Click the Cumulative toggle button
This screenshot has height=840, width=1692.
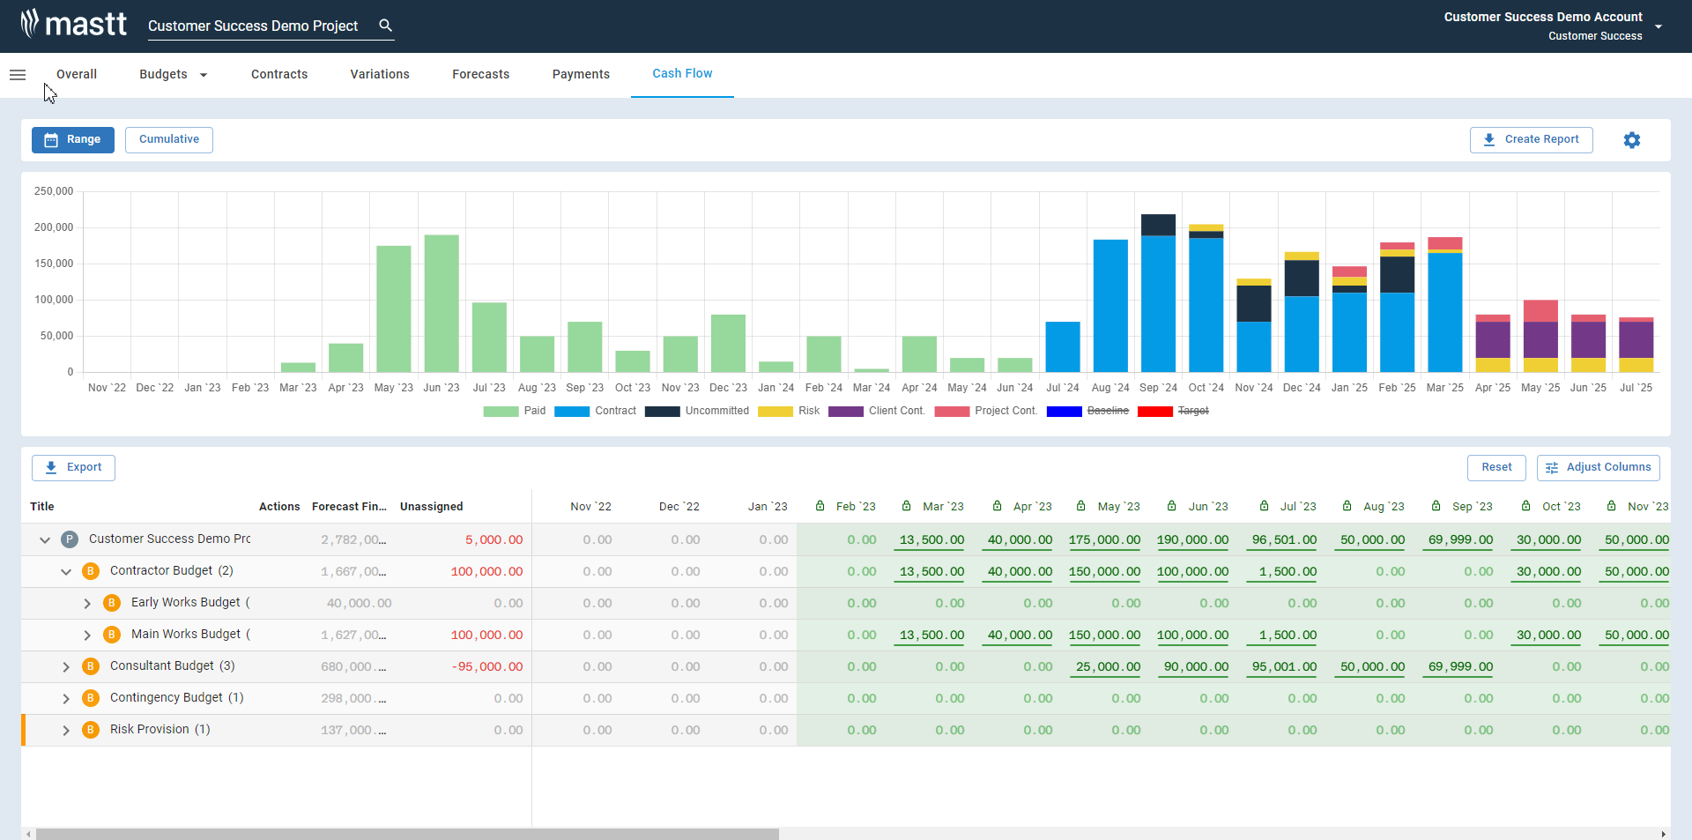click(168, 139)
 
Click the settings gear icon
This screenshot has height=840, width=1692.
click(1631, 140)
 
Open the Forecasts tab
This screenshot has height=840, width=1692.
click(480, 74)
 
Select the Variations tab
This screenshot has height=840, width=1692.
click(379, 74)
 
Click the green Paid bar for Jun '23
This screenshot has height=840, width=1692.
click(441, 303)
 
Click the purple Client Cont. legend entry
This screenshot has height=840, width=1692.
click(877, 411)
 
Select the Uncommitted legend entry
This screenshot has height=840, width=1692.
click(697, 411)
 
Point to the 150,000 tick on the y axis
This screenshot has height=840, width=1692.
click(54, 264)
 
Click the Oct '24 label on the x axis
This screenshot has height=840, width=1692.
click(1206, 388)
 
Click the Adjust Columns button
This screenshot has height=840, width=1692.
click(1598, 467)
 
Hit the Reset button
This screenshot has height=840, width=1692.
click(1495, 467)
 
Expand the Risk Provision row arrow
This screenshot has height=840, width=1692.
click(66, 730)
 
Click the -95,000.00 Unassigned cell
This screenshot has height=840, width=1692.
click(486, 666)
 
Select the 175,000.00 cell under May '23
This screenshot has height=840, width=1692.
click(1104, 539)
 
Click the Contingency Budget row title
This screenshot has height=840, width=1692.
click(166, 697)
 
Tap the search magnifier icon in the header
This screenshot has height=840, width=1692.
click(385, 26)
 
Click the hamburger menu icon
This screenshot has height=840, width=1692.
click(18, 75)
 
